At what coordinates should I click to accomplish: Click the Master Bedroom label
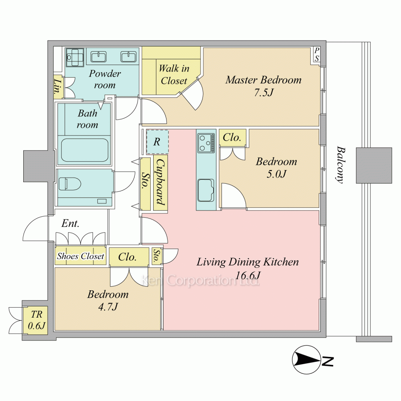click(263, 80)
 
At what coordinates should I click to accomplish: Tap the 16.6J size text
click(247, 275)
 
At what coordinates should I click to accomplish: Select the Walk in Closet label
click(174, 75)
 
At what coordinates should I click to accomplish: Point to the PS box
click(317, 54)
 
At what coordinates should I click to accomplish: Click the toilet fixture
click(69, 184)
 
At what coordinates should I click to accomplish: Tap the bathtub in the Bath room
click(84, 150)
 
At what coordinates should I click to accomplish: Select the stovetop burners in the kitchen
click(206, 143)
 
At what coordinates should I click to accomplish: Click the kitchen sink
click(206, 190)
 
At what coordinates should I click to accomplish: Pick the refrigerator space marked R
click(157, 142)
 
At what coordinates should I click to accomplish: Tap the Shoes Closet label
click(81, 256)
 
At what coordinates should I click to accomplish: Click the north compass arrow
click(307, 360)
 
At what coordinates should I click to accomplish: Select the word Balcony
click(340, 164)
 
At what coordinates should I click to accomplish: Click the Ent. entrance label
click(70, 223)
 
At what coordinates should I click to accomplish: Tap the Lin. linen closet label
click(58, 86)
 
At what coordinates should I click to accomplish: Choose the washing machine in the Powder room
click(75, 57)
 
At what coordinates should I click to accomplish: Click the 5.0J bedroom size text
click(276, 174)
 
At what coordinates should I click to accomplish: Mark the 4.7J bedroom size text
click(108, 306)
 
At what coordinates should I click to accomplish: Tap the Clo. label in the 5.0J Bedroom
click(232, 138)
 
